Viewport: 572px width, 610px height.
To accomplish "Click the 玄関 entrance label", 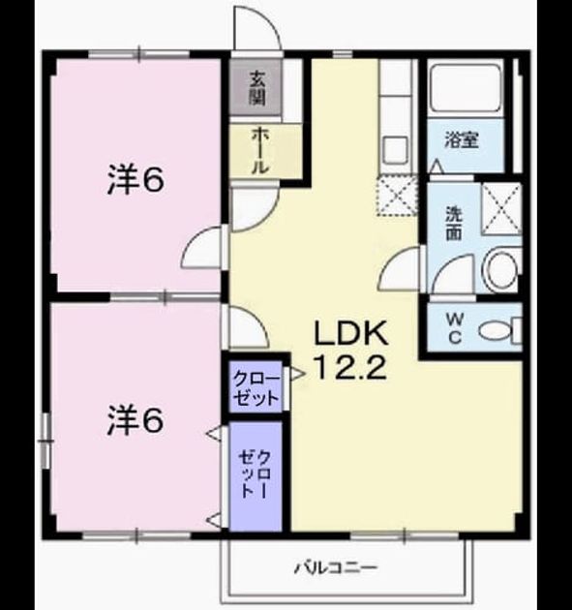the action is pyautogui.click(x=257, y=88).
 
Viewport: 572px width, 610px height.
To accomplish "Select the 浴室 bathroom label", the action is pyautogui.click(x=462, y=140).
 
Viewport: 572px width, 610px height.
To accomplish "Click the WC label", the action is pyautogui.click(x=455, y=329).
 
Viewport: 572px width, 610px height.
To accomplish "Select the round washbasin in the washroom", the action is pyautogui.click(x=501, y=270).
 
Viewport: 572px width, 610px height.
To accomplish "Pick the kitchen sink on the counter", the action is pyautogui.click(x=396, y=151).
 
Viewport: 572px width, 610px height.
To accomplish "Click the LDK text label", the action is pyautogui.click(x=351, y=333).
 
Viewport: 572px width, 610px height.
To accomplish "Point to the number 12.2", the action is pyautogui.click(x=351, y=368).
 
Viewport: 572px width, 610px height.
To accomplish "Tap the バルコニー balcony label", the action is pyautogui.click(x=335, y=567).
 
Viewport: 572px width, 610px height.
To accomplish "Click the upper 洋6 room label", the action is pyautogui.click(x=135, y=181).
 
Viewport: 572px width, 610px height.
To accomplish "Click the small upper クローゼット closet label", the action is pyautogui.click(x=256, y=388).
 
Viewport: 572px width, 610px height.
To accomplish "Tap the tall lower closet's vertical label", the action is pyautogui.click(x=256, y=474).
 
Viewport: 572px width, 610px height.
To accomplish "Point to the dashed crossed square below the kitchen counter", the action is pyautogui.click(x=397, y=196).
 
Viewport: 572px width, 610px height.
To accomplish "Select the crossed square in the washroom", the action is pyautogui.click(x=501, y=208).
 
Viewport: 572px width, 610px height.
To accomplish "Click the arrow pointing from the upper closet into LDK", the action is pyautogui.click(x=298, y=375).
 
